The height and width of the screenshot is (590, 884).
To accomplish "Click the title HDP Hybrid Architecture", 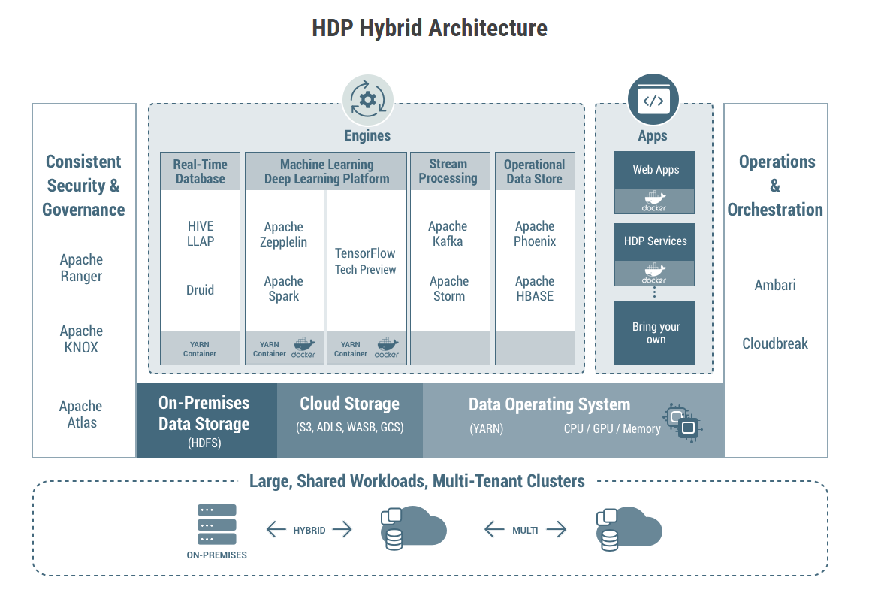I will [x=429, y=29].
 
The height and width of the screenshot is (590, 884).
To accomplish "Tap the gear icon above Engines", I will [x=367, y=101].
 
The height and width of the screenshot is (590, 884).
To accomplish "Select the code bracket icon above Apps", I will [x=653, y=100].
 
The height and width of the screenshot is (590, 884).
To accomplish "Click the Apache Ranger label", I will [x=81, y=268].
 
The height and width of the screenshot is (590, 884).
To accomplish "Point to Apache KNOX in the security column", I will [x=81, y=339].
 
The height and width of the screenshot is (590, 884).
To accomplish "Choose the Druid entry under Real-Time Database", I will [x=200, y=290].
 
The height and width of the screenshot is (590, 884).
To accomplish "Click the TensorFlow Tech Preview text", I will [x=365, y=261].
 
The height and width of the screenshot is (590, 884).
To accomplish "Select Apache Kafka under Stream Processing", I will [x=448, y=234].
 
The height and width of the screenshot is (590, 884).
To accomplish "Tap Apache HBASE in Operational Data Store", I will [x=534, y=289].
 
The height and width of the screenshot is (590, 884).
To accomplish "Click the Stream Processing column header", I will [x=448, y=171].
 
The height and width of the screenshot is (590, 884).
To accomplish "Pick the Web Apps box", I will [x=654, y=170].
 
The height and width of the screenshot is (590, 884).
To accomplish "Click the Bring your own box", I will [x=655, y=333].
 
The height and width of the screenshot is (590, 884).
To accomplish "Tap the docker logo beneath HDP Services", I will [x=654, y=274].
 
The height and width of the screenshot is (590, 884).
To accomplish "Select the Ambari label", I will [x=774, y=286].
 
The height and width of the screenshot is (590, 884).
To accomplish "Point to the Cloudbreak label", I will [x=774, y=343].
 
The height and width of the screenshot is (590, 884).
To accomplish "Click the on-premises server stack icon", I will [x=216, y=525].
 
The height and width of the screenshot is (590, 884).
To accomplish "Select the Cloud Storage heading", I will [x=349, y=404].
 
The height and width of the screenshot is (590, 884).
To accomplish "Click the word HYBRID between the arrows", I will [x=309, y=531].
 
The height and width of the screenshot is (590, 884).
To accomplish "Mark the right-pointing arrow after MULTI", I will [x=557, y=530].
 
